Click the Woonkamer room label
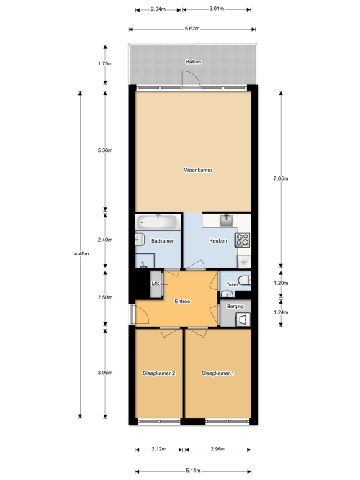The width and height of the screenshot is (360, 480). (x=198, y=171)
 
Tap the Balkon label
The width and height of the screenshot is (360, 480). (x=194, y=62)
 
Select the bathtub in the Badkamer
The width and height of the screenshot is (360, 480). (x=158, y=222)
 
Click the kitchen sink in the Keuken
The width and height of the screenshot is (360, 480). (x=226, y=220)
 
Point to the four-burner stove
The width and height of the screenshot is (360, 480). (x=243, y=240)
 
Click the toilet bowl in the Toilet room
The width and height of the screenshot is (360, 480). (x=246, y=280)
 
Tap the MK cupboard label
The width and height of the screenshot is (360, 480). (x=156, y=284)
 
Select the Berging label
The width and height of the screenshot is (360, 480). (x=235, y=307)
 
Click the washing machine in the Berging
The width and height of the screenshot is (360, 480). (x=243, y=320)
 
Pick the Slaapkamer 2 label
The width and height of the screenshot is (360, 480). (x=159, y=373)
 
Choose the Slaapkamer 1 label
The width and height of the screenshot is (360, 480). (x=218, y=373)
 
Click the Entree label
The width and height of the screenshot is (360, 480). (x=182, y=302)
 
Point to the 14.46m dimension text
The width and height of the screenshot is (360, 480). (x=80, y=254)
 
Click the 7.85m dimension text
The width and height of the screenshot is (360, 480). (x=281, y=178)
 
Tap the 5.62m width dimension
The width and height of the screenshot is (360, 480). (x=192, y=29)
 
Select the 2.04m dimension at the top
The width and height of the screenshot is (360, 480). (x=158, y=9)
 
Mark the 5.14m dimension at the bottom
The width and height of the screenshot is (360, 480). (x=193, y=471)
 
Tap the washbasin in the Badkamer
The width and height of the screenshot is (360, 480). (x=140, y=240)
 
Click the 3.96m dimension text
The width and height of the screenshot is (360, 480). (x=105, y=373)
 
